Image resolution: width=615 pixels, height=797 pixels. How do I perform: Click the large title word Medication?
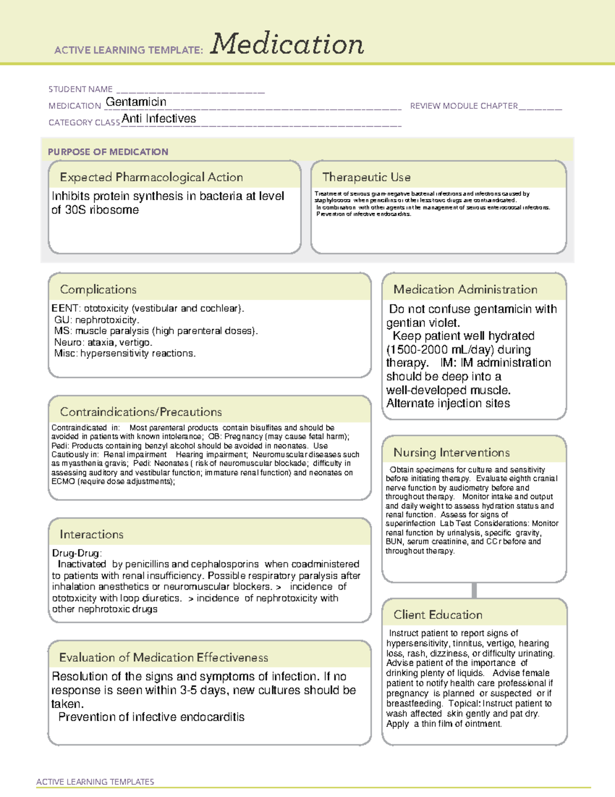286,44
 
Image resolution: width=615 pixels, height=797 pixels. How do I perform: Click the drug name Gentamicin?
136,102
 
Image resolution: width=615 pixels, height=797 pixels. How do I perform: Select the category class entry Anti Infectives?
159,119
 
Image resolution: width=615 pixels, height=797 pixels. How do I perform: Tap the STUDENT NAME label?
80,89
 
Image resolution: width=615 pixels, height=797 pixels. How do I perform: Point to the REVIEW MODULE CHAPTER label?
464,106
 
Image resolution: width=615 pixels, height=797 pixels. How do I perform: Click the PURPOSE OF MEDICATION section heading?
108,152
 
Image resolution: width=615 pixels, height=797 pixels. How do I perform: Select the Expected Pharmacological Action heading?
151,178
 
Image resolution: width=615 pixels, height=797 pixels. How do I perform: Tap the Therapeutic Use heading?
366,178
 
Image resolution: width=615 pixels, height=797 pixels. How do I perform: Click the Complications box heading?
98,289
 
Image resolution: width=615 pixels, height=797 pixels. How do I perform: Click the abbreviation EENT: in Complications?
66,308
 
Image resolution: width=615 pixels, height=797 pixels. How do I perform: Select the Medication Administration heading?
465,289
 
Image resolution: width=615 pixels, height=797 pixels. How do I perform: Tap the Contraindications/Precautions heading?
140,412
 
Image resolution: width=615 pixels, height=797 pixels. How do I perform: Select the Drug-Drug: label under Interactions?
77,553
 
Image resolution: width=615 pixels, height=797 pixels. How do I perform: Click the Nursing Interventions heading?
451,453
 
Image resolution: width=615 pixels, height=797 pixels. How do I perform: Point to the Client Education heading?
438,615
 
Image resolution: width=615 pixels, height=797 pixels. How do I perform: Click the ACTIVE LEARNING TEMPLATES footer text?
95,782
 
